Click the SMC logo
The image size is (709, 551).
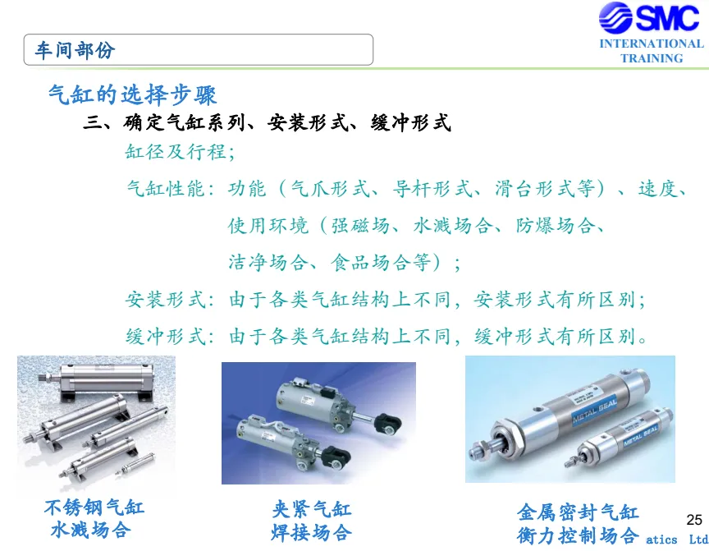649,17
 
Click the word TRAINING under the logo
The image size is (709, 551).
652,58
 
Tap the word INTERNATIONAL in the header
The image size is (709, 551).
652,44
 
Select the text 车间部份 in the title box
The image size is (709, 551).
75,50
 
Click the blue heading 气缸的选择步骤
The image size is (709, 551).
132,95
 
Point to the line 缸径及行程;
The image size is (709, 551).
180,152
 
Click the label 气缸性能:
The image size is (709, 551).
171,189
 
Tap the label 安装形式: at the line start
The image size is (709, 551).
170,300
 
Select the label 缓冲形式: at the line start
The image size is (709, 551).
170,337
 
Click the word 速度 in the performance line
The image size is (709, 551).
657,189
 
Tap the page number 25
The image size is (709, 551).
694,520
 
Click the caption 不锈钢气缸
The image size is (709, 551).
94,507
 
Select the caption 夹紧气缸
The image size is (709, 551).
311,510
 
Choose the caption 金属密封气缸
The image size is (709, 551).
578,512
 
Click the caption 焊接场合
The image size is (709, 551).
311,532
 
